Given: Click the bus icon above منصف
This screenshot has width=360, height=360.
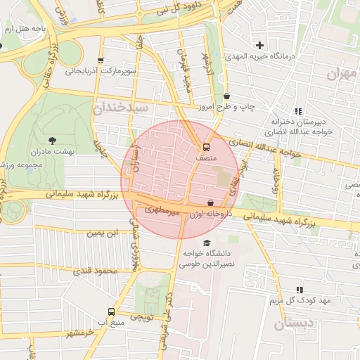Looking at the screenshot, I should point(206,148).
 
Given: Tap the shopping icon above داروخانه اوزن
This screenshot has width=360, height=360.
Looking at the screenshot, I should point(210,202).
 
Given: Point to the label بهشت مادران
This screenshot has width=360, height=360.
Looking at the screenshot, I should point(47,152).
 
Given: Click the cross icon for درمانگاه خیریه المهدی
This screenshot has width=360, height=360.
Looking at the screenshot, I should point(260,46).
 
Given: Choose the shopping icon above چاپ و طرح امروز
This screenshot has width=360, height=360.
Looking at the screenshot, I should point(226,96).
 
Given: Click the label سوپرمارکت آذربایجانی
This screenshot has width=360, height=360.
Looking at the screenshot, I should point(101,71).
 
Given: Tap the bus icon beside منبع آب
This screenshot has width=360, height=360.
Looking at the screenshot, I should point(111,311).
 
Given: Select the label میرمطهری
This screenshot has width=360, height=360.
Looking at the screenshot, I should point(162,210).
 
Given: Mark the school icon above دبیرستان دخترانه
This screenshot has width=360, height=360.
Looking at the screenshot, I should point(299,111).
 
